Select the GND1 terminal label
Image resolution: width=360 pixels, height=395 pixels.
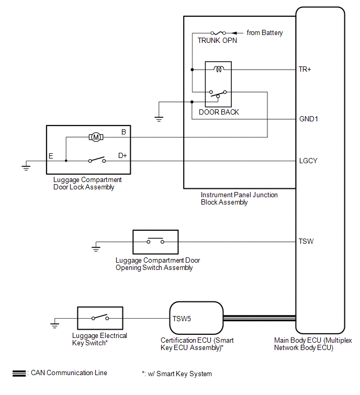tap(308, 119)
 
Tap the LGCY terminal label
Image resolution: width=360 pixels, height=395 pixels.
tap(308, 161)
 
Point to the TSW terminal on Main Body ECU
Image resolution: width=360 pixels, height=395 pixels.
tap(306, 242)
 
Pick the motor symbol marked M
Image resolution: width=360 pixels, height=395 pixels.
tap(96, 137)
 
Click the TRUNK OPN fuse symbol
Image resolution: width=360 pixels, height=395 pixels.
tap(217, 32)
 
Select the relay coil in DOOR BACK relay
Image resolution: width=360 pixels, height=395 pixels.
tap(217, 69)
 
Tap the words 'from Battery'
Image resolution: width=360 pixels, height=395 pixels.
tap(265, 33)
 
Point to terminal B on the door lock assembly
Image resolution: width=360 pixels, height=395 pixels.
tap(123, 132)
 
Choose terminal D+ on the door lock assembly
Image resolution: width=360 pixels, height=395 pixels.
tap(122, 155)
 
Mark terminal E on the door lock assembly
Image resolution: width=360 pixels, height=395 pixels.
tap(51, 156)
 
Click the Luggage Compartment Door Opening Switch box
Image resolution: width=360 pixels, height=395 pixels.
tap(155, 242)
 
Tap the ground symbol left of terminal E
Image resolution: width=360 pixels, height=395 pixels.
tap(25, 167)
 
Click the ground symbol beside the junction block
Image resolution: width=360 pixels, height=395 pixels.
tap(159, 119)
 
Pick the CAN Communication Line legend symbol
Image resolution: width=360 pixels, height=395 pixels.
tap(19, 373)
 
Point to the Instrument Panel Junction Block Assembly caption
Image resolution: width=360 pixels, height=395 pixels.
tap(239, 198)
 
